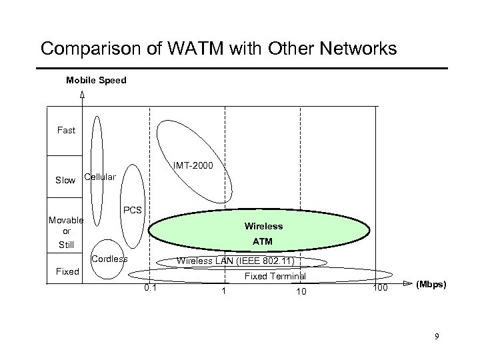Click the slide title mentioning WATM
tap(219, 49)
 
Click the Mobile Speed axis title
tap(96, 81)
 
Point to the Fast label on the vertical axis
tap(66, 130)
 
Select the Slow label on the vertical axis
tap(65, 180)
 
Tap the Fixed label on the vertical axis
tap(66, 271)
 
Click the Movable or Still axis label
tap(66, 231)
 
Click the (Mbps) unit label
tap(432, 284)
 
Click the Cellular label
tap(100, 177)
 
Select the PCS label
tap(133, 210)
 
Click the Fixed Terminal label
tap(275, 276)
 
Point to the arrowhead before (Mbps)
tap(405, 283)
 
